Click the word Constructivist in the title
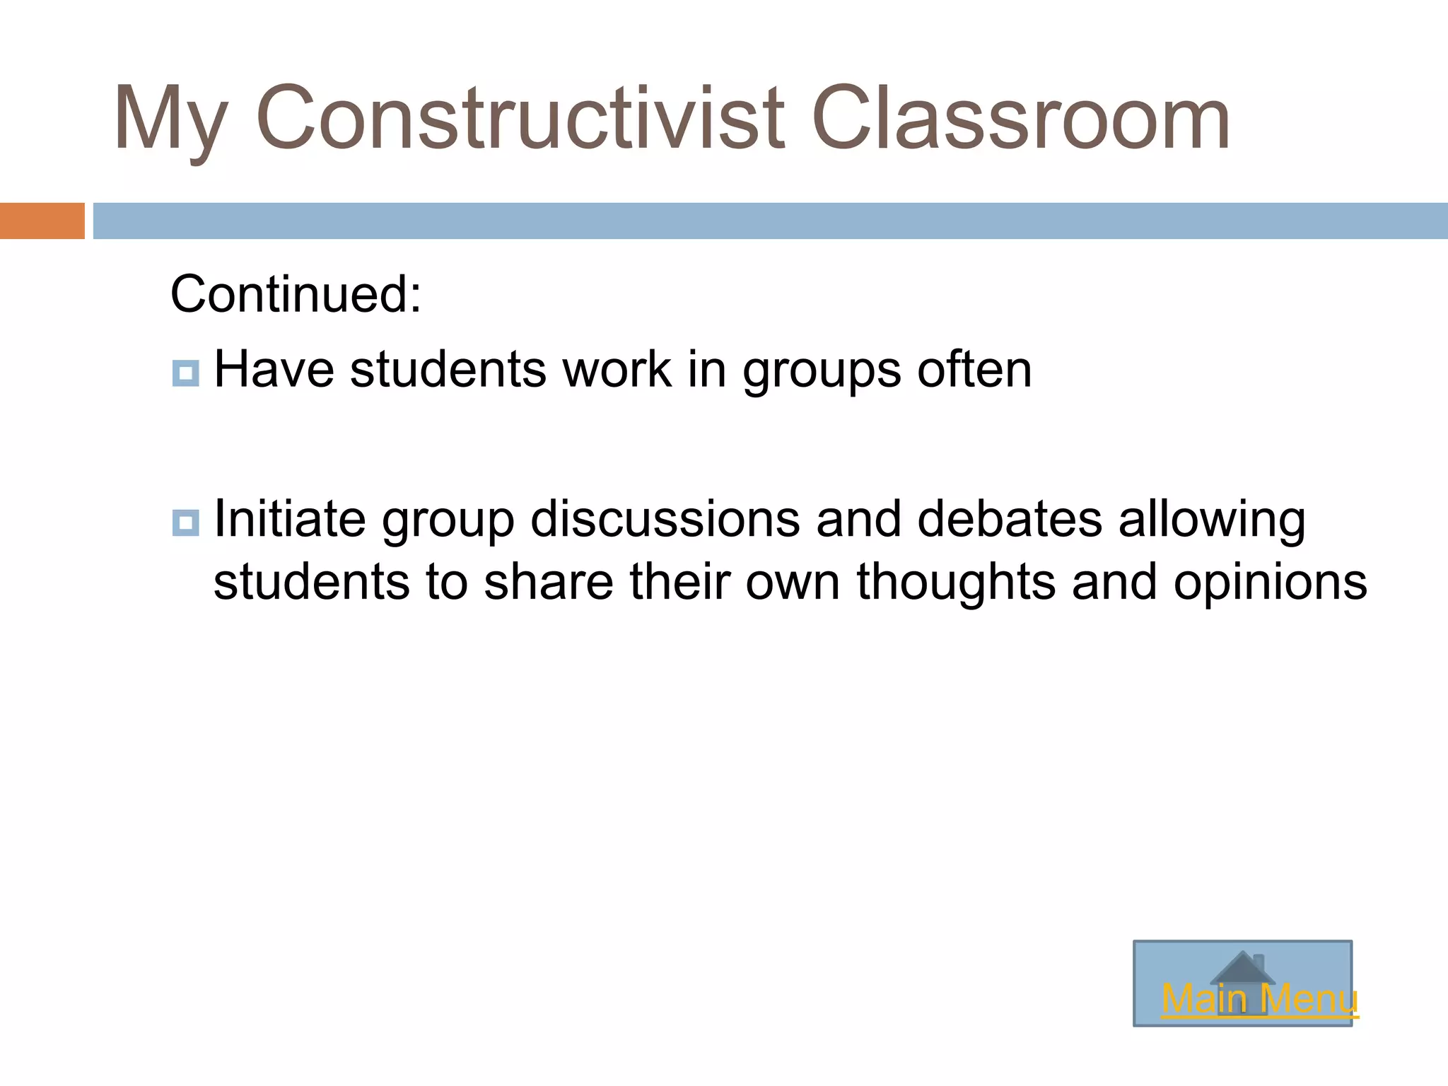click(520, 119)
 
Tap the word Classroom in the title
click(1020, 119)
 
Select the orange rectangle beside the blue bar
click(42, 221)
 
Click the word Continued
click(296, 294)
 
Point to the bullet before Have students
click(185, 373)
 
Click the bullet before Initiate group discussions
click(185, 522)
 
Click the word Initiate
click(289, 519)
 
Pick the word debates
click(1010, 519)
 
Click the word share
click(549, 582)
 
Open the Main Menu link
click(1259, 1000)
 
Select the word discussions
click(665, 519)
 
